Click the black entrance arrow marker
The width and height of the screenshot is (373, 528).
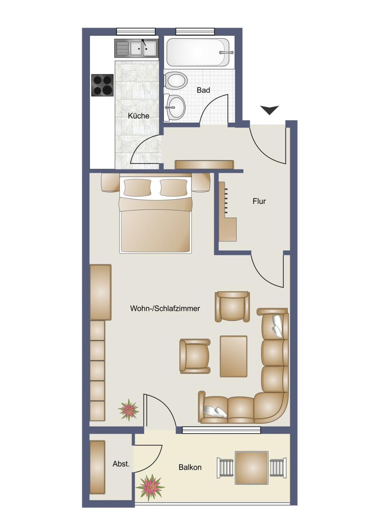tap(269, 110)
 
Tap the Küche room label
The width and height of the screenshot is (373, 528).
tap(138, 116)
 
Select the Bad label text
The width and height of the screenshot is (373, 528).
tap(203, 90)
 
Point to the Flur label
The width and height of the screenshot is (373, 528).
tap(259, 201)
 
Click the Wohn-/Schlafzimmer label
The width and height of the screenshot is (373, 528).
tap(165, 308)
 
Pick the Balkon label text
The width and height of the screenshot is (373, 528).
tap(190, 467)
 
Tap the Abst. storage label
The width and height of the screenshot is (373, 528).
tap(121, 464)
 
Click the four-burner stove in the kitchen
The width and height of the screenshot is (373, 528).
tap(102, 85)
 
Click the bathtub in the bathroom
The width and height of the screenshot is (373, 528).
tap(198, 52)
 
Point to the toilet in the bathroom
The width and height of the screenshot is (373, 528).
tap(176, 81)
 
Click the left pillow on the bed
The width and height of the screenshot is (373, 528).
tap(137, 187)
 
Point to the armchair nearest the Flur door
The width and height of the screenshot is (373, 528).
tap(232, 307)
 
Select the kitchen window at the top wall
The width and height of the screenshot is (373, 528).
tap(136, 31)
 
